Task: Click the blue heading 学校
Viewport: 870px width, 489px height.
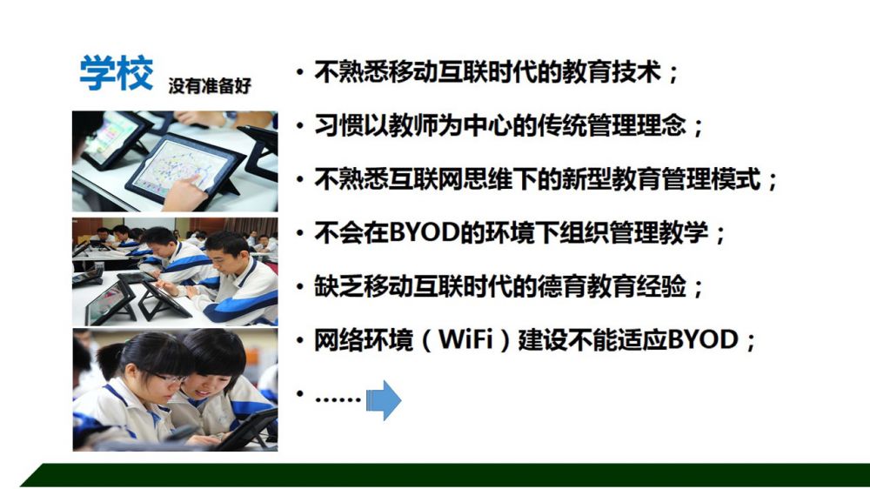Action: tap(117, 73)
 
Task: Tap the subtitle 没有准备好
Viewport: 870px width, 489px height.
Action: tap(210, 85)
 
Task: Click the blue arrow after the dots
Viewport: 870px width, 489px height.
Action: tap(384, 399)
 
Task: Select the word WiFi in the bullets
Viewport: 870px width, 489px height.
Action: tap(466, 339)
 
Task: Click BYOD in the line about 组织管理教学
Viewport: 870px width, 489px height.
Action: tap(425, 232)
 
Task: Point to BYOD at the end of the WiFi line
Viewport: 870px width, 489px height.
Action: tap(703, 339)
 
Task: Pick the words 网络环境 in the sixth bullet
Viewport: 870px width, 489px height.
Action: tap(364, 339)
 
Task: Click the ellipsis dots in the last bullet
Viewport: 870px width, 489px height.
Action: tap(338, 399)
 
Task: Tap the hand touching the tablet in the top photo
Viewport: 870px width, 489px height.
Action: tap(183, 191)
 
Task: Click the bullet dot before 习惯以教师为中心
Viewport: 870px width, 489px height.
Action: tap(300, 126)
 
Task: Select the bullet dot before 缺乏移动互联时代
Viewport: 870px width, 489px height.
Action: tap(300, 287)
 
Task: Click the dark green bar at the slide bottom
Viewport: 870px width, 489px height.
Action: tap(444, 475)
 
